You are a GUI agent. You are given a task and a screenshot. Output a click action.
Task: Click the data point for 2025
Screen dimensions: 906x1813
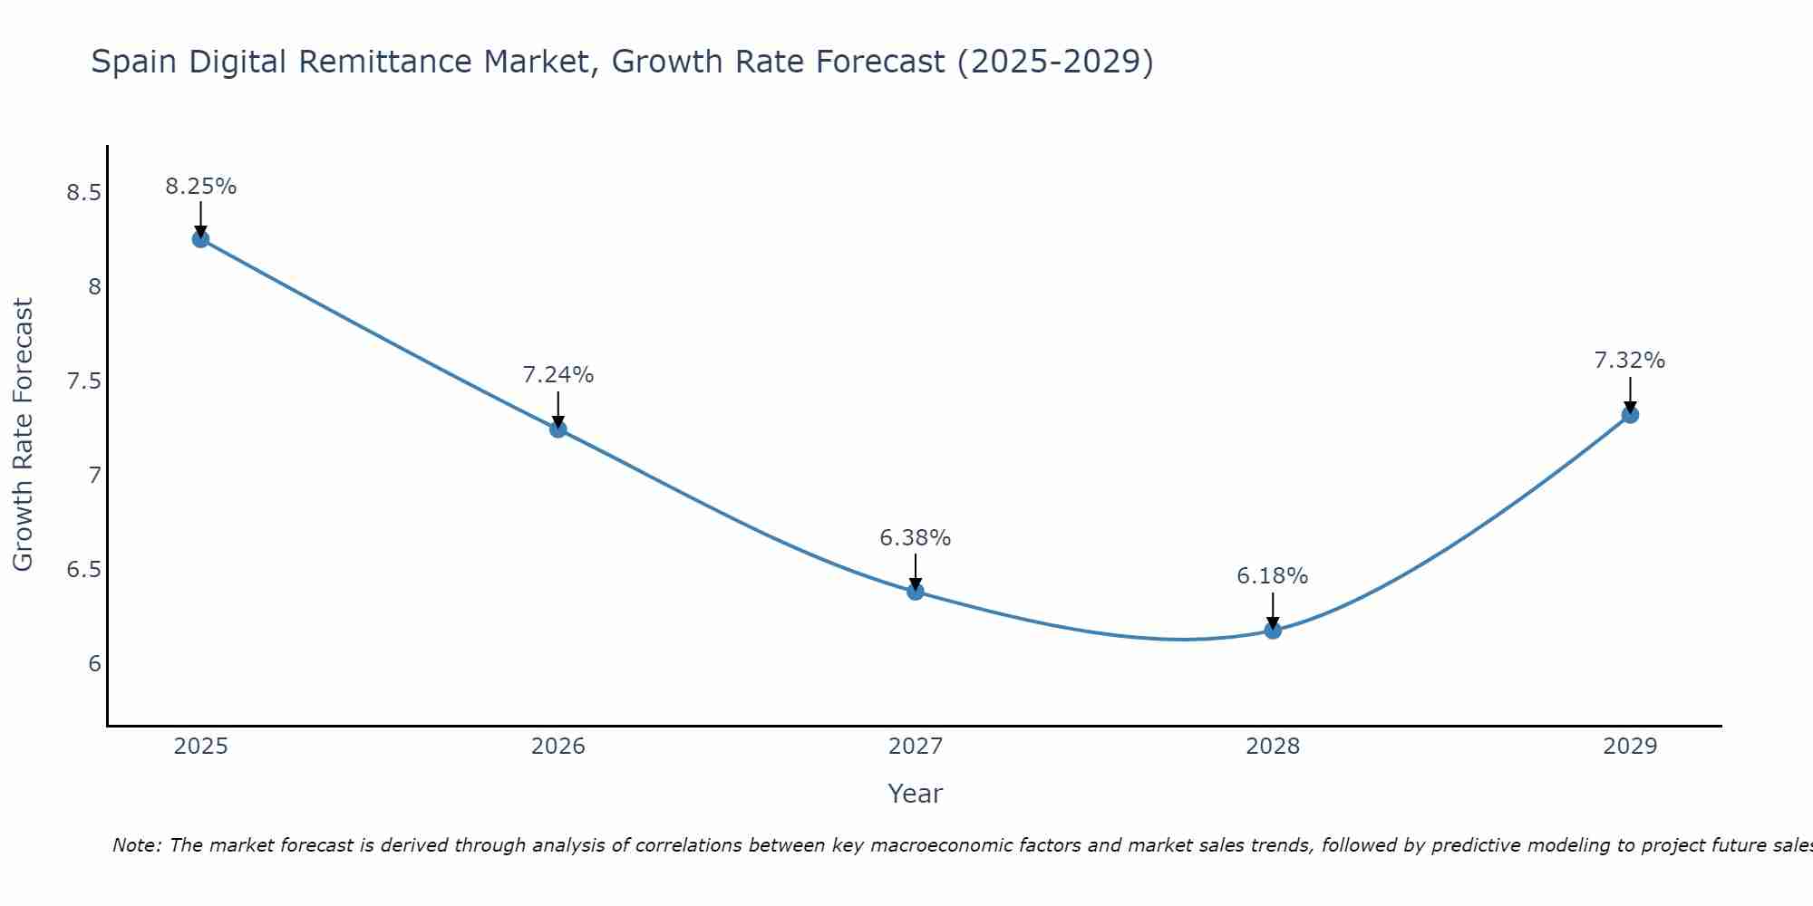point(200,239)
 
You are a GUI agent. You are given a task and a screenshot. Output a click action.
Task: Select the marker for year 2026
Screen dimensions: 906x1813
point(558,429)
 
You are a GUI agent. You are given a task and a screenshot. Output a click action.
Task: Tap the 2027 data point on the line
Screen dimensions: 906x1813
point(916,592)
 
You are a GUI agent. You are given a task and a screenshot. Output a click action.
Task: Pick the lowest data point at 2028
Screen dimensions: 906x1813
point(1273,630)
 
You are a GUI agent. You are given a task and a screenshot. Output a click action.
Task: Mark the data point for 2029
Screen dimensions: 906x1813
point(1630,415)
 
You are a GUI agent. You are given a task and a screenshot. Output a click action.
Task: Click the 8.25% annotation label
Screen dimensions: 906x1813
point(200,187)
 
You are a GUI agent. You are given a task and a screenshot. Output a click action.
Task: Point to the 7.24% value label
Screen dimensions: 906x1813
point(558,375)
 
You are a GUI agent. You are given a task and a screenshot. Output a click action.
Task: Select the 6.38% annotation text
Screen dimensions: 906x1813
point(916,538)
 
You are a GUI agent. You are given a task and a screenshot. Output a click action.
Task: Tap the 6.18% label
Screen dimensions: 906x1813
point(1273,576)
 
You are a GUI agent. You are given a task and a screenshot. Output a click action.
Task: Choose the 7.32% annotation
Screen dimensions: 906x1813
point(1630,361)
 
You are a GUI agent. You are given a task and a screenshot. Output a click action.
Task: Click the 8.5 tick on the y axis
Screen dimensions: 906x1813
point(83,193)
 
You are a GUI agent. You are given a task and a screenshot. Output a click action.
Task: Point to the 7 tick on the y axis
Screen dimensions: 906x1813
point(94,476)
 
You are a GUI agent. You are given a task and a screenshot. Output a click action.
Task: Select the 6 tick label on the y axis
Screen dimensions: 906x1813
point(94,664)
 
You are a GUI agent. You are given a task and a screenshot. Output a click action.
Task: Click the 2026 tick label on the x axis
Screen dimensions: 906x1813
point(558,747)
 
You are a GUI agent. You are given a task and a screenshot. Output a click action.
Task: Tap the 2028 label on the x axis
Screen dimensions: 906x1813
point(1273,747)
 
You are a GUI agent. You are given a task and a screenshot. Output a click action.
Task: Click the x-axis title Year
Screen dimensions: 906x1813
point(916,794)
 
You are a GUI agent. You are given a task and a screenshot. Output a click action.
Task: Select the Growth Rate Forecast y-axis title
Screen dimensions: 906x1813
point(23,435)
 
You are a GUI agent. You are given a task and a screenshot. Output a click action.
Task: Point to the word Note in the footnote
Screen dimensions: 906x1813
point(136,845)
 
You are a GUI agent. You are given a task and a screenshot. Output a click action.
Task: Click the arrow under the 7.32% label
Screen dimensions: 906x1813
point(1630,394)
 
